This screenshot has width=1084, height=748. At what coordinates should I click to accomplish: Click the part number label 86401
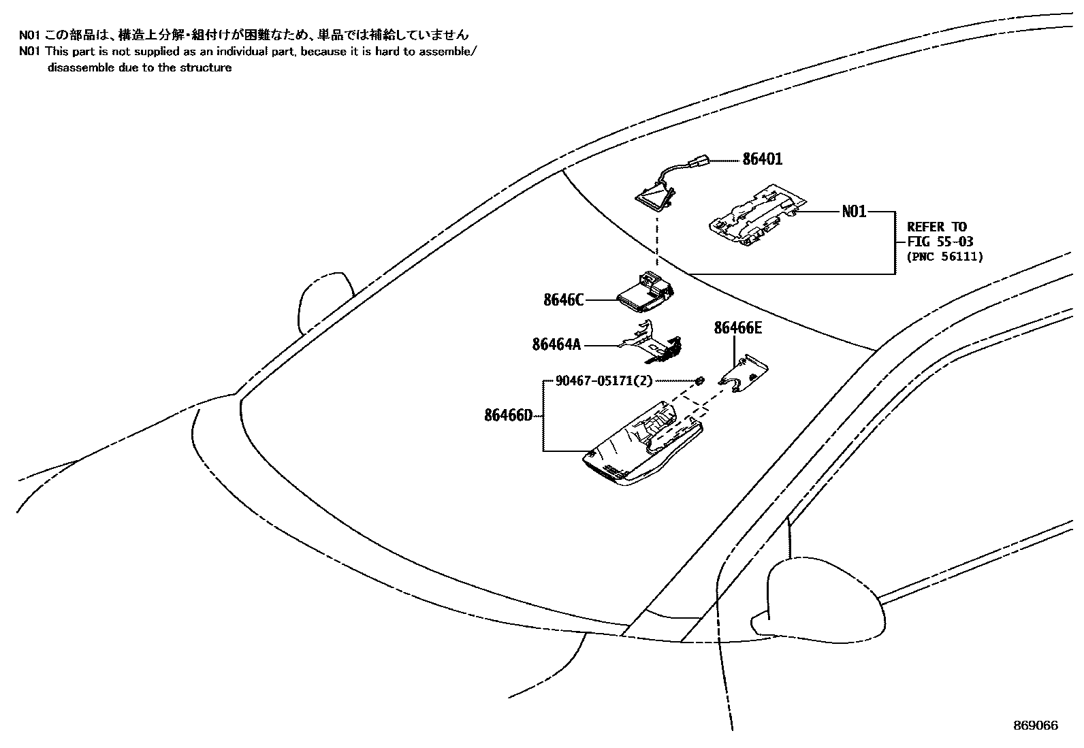(x=762, y=159)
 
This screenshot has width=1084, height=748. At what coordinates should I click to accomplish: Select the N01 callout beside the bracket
(x=854, y=212)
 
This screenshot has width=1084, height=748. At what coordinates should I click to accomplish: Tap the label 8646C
(x=563, y=299)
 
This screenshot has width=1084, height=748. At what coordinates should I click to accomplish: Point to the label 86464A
(x=556, y=345)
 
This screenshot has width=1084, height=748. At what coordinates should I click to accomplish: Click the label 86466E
(x=737, y=328)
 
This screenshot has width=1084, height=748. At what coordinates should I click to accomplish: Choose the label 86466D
(x=508, y=414)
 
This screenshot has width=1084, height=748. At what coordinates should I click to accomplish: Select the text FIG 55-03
(x=940, y=242)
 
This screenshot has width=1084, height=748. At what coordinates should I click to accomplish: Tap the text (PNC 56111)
(x=944, y=257)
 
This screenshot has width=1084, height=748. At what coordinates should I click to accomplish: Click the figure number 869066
(x=1035, y=726)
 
